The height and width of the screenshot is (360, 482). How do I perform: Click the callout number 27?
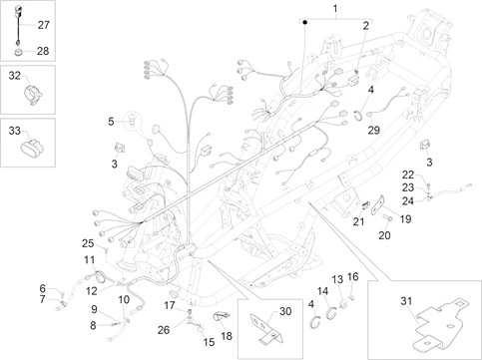[x=43, y=25]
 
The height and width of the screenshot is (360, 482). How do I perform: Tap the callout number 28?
[x=43, y=51]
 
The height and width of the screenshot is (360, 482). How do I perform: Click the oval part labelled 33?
[x=33, y=148]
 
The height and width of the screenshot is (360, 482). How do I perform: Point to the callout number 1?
[x=335, y=8]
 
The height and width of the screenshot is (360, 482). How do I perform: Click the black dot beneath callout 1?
[x=304, y=23]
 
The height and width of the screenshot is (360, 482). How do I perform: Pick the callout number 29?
[x=373, y=130]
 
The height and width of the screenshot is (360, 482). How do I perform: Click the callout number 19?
[x=405, y=219]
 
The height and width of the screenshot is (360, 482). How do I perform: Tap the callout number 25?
[x=88, y=243]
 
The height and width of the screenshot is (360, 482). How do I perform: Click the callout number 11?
[x=89, y=259]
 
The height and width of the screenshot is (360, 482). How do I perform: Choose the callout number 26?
[x=164, y=330]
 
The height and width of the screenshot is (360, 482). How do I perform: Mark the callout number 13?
[x=337, y=279]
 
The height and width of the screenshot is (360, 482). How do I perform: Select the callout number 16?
[x=353, y=276]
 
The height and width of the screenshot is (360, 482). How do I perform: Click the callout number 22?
[x=408, y=175]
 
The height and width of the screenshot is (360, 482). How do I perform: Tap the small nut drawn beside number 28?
[x=18, y=52]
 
